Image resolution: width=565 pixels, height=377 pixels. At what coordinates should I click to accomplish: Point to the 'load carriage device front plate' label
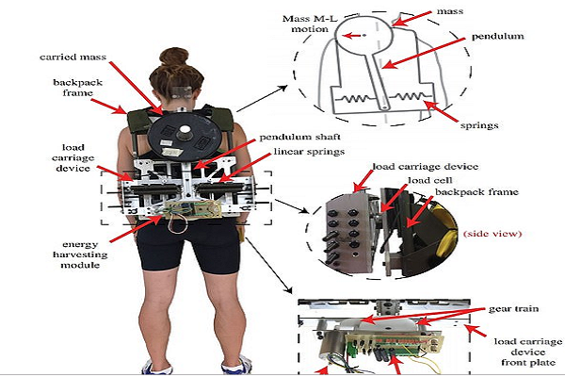coord(522,348)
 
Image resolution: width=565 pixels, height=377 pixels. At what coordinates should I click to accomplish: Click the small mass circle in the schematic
coord(350,36)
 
